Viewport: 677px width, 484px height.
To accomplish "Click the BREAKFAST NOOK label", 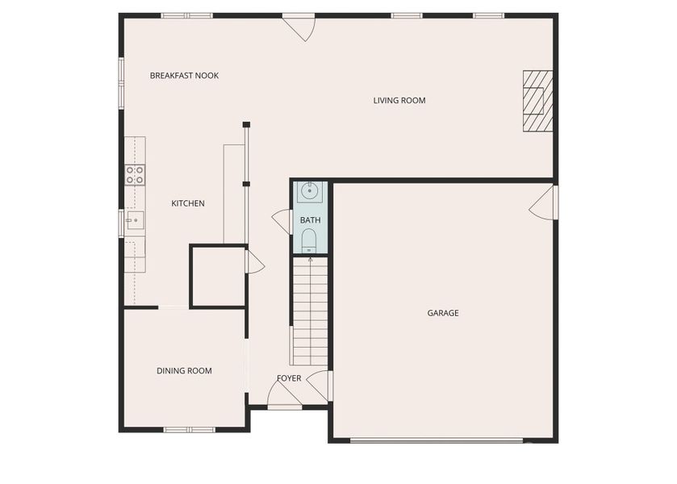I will pyautogui.click(x=184, y=76).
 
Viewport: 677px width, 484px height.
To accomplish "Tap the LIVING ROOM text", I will pyautogui.click(x=399, y=101).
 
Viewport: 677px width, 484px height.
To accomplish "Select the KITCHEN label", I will pyautogui.click(x=187, y=204).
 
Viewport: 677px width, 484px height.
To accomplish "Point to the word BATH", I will pyautogui.click(x=310, y=220).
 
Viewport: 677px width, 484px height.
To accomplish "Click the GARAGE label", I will pyautogui.click(x=443, y=313).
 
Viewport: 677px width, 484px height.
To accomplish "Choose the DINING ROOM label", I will pyautogui.click(x=184, y=371).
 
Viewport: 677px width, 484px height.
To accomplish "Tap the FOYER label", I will pyautogui.click(x=289, y=378).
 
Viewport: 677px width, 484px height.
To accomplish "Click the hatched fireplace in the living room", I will pyautogui.click(x=537, y=101).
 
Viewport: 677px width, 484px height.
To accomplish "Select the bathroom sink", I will pyautogui.click(x=310, y=191).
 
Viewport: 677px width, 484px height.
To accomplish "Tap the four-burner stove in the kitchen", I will pyautogui.click(x=135, y=175).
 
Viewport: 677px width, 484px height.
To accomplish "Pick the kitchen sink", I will pyautogui.click(x=134, y=219).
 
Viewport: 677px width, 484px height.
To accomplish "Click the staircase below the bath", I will pyautogui.click(x=310, y=311).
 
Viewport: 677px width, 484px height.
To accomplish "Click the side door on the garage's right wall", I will pyautogui.click(x=544, y=202).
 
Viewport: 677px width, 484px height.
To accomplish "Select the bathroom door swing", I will pyautogui.click(x=282, y=222).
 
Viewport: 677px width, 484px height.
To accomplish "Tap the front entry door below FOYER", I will pyautogui.click(x=283, y=395).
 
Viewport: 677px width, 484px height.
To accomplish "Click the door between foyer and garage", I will pyautogui.click(x=320, y=385).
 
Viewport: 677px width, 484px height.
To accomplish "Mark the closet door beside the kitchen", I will pyautogui.click(x=253, y=261).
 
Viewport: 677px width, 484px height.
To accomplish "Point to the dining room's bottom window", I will pyautogui.click(x=189, y=429).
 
